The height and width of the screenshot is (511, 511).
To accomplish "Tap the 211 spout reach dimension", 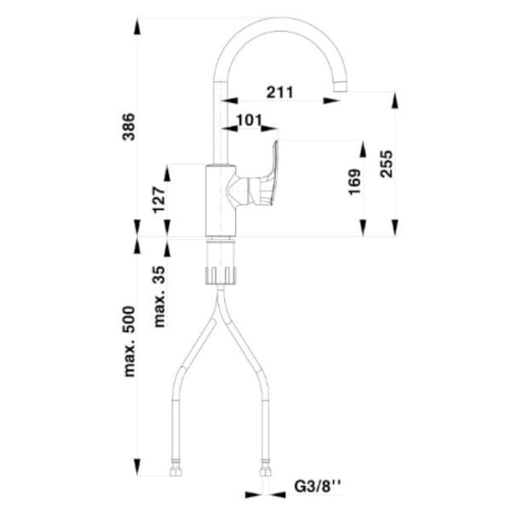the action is pos(280,92).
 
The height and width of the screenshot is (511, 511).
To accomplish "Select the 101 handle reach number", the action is pos(250,120).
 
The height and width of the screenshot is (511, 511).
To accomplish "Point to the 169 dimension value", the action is pos(354,182).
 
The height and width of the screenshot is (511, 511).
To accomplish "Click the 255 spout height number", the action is pos(387,164).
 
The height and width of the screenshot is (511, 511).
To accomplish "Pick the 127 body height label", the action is pos(159,199).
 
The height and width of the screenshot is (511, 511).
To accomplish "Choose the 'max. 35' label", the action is pos(159,296).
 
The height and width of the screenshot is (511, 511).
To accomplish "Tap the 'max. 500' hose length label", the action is pos(129,342).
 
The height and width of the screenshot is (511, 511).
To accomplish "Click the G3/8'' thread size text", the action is pos(318,487).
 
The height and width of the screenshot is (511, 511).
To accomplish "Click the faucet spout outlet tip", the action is pos(341,87).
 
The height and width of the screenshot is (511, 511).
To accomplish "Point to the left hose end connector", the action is pos(175,468).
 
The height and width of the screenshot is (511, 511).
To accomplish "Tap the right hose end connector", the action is pos(265,468).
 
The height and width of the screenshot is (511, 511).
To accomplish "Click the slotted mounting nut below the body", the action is pos(221,275).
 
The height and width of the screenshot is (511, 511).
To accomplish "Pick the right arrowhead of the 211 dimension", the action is pos(331,100).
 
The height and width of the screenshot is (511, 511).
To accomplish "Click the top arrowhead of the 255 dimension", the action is pos(395,100).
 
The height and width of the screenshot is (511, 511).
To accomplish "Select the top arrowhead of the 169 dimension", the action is pos(363,148).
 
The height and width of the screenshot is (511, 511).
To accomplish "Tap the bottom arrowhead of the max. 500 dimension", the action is pos(138,468).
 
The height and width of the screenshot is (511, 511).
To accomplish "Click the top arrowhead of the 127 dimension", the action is pos(167,173).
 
